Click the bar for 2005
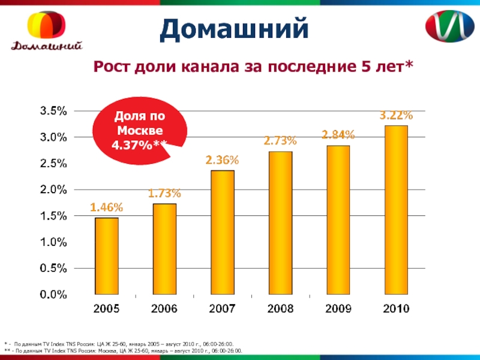107,256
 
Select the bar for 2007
222,233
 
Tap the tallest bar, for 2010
395,210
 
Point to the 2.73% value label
280,142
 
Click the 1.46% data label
107,208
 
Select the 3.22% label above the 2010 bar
395,115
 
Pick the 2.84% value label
338,135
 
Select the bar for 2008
280,223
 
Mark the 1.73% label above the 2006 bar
164,194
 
